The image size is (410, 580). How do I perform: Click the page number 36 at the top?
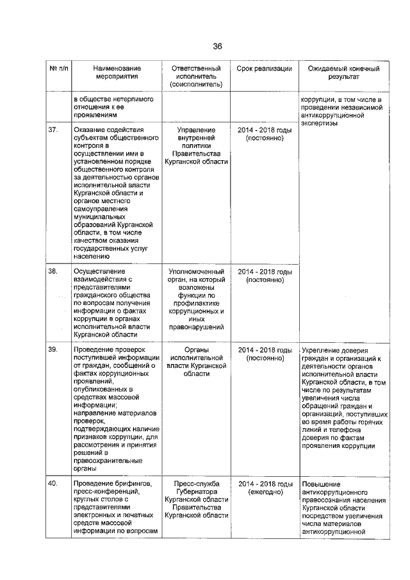(217, 46)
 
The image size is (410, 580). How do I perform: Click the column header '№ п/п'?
(58, 68)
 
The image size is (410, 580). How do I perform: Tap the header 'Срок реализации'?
(264, 68)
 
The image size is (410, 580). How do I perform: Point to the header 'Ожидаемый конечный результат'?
(343, 72)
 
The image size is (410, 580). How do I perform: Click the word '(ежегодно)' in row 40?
(265, 492)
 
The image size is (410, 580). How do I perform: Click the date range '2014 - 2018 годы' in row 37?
(265, 130)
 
